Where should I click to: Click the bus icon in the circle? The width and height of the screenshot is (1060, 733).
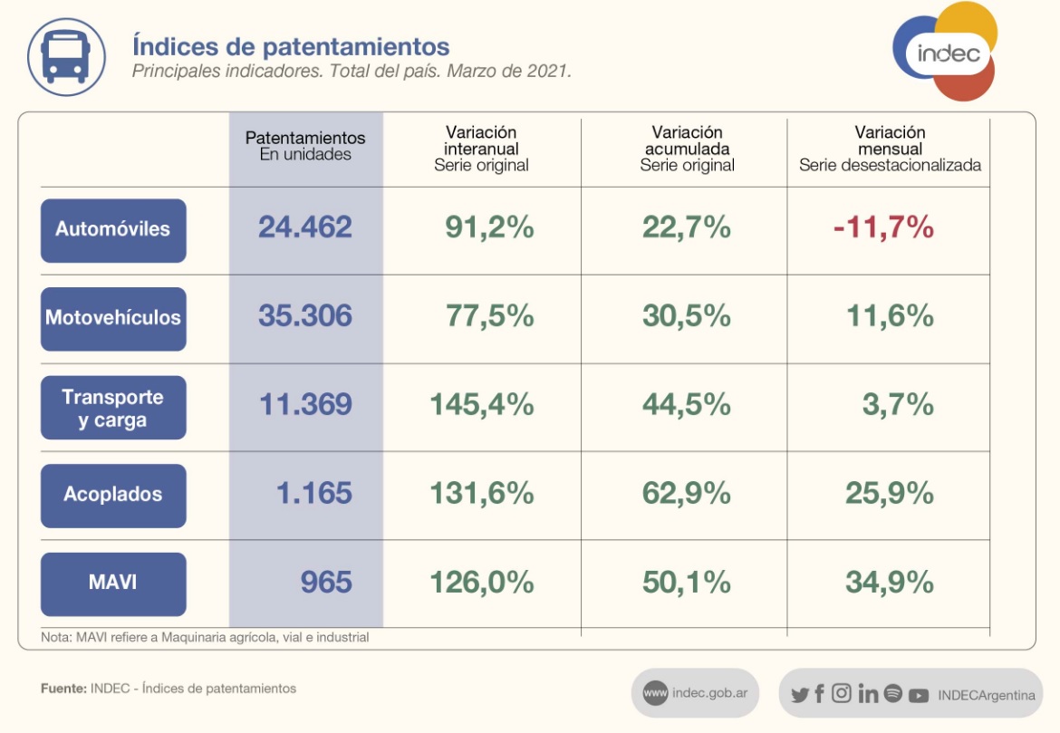click(x=67, y=56)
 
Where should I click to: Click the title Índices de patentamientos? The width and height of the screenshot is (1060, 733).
click(x=291, y=45)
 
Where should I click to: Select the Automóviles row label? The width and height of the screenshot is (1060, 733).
click(x=113, y=230)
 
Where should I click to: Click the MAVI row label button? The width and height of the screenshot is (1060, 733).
click(x=113, y=584)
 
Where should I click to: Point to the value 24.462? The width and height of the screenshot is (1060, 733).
click(x=305, y=227)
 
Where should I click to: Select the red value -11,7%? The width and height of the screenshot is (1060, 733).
click(x=883, y=227)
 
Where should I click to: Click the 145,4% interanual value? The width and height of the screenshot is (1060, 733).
click(x=481, y=405)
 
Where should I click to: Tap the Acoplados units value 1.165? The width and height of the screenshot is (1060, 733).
click(x=314, y=493)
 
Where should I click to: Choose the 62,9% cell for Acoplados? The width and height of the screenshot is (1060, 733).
click(x=686, y=493)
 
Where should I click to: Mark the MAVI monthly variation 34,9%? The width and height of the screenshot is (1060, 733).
click(x=889, y=582)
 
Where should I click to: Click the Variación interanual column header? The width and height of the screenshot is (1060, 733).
click(x=481, y=149)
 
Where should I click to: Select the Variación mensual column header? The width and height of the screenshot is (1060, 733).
click(x=890, y=149)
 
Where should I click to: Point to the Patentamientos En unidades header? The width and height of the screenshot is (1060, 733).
click(x=305, y=146)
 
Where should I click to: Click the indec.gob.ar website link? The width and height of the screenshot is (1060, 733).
click(x=696, y=693)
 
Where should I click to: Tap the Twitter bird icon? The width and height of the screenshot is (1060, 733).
click(x=799, y=695)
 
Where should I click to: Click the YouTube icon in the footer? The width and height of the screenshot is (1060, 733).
click(x=919, y=695)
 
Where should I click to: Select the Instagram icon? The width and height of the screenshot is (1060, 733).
click(x=842, y=693)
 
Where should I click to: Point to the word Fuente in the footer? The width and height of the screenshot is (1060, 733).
click(x=63, y=689)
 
